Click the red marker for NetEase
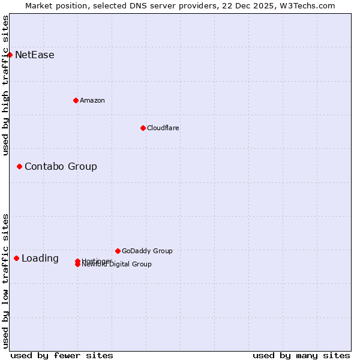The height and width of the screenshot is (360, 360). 10,55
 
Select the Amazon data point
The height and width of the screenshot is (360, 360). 76,100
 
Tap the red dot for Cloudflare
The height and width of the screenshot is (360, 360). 143,128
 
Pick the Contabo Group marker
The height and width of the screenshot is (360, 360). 19,166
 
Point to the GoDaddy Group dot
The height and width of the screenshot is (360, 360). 118,251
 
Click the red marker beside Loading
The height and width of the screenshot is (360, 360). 16,258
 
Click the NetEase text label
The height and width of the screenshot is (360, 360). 35,55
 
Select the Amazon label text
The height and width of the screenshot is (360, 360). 92,101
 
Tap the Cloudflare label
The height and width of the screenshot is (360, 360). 163,128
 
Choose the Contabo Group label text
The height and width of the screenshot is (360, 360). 61,167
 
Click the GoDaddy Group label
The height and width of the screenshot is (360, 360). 147,251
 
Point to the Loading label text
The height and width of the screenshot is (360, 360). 40,259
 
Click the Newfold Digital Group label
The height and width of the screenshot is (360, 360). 117,265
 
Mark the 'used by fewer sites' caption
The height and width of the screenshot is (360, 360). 62,355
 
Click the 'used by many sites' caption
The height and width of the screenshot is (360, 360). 301,355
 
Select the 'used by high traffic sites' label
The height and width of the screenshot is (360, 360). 5,85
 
